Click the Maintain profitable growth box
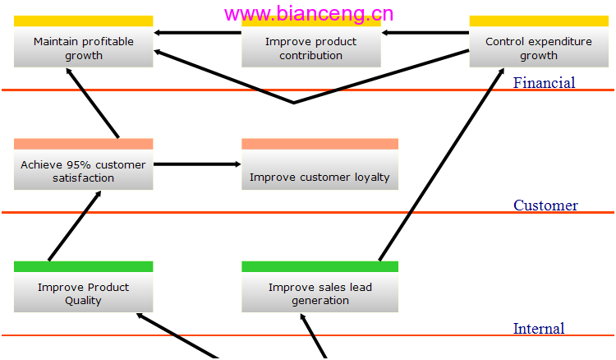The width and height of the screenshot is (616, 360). tap(83, 41)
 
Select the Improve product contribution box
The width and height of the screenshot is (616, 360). tap(311, 44)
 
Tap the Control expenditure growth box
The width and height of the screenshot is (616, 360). tap(539, 41)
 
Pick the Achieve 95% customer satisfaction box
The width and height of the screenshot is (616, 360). tap(83, 164)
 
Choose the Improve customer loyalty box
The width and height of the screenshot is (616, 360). tap(319, 164)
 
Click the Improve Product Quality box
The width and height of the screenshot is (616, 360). tap(83, 287)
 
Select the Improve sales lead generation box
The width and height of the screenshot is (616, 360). tap(319, 287)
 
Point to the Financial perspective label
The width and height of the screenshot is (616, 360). tap(544, 82)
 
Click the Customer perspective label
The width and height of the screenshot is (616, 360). tap(545, 205)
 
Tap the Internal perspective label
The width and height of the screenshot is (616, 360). tap(539, 328)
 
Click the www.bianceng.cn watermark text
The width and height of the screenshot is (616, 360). tap(309, 14)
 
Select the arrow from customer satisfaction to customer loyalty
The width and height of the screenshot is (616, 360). tap(197, 164)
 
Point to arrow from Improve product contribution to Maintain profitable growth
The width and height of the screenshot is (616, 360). tap(197, 33)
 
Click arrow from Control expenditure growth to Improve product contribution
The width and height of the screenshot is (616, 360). tap(425, 33)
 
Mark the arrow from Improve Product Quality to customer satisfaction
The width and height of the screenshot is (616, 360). tap(75, 225)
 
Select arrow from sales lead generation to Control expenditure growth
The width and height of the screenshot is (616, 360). tap(442, 164)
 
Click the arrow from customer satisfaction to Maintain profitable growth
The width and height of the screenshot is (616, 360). tap(92, 103)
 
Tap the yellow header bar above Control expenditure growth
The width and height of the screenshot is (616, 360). tap(539, 21)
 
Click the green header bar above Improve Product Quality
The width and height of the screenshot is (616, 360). tap(83, 266)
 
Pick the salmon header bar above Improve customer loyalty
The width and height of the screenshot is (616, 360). tap(319, 144)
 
